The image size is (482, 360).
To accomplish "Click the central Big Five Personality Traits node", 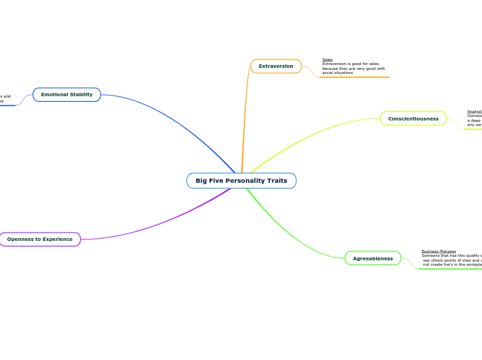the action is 241,181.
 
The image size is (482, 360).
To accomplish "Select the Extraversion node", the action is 276,66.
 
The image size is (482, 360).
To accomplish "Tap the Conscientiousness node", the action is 413,118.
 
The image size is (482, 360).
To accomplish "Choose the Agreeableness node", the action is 373,258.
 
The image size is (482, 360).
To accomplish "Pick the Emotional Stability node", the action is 66,94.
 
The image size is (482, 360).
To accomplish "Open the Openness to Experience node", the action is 39,240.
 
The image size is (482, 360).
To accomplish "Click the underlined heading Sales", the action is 327,60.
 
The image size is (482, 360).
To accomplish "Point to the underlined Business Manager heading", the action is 438,251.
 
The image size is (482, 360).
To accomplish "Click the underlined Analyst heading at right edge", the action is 474,111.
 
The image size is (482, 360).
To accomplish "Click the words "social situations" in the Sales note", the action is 337,73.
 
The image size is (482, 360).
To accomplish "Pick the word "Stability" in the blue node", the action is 81,94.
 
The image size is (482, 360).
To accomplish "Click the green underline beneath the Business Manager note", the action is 450,269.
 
